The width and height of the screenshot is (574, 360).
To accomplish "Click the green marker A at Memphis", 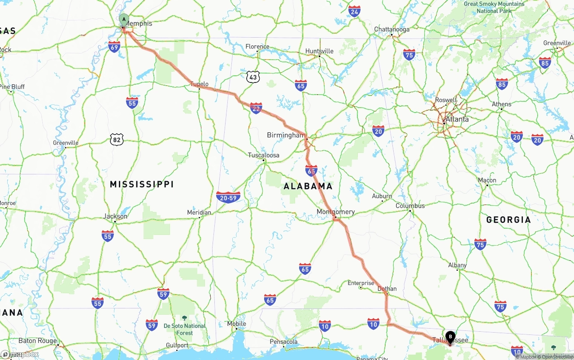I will [x=124, y=19].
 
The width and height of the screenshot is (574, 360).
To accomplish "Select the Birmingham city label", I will [x=285, y=135].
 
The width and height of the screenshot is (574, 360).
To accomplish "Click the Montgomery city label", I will [x=335, y=212].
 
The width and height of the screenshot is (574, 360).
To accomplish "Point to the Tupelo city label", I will [x=199, y=84].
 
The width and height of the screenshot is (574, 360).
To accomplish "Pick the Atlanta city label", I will [x=457, y=119].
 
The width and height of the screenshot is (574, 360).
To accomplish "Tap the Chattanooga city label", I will [x=391, y=30].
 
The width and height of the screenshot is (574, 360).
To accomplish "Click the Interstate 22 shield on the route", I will [x=256, y=108].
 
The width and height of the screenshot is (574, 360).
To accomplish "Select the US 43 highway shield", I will [x=253, y=77].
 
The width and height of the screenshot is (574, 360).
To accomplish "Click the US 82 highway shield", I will [x=117, y=140].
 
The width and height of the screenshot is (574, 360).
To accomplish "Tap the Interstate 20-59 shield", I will [x=228, y=197].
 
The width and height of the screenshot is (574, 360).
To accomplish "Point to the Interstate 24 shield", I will [x=354, y=11].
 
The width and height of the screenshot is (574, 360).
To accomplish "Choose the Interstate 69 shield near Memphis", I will [x=114, y=47].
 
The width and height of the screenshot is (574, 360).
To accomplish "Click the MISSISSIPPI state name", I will [x=142, y=184].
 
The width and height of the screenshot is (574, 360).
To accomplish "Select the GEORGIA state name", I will [x=509, y=220].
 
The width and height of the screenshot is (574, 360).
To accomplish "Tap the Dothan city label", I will [x=387, y=289].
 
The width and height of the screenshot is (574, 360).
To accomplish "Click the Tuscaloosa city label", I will [x=264, y=155].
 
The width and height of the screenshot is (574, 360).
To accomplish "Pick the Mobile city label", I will [x=236, y=324].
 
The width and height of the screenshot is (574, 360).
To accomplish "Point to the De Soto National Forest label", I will [x=184, y=329].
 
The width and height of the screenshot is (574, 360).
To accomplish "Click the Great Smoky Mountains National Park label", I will [x=494, y=7].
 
